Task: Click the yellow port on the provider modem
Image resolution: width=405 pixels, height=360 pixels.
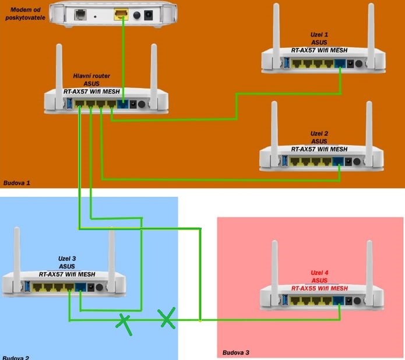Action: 122,15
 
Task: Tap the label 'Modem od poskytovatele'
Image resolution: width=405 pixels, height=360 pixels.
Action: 25,14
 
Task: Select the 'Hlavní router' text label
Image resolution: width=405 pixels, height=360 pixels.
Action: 91,76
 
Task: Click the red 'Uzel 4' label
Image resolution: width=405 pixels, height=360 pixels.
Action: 319,273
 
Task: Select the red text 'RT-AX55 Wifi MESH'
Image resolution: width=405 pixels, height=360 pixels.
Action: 319,288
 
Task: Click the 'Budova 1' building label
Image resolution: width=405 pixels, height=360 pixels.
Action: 16,182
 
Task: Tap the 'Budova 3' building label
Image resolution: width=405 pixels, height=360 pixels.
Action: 236,352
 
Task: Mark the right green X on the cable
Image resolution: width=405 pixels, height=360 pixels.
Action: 167,318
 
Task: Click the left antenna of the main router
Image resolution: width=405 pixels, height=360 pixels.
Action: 58,67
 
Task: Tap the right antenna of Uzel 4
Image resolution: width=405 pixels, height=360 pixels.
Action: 369,265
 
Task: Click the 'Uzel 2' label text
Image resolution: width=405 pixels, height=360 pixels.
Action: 319,133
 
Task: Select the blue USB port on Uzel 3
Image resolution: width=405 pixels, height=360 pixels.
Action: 26,287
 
